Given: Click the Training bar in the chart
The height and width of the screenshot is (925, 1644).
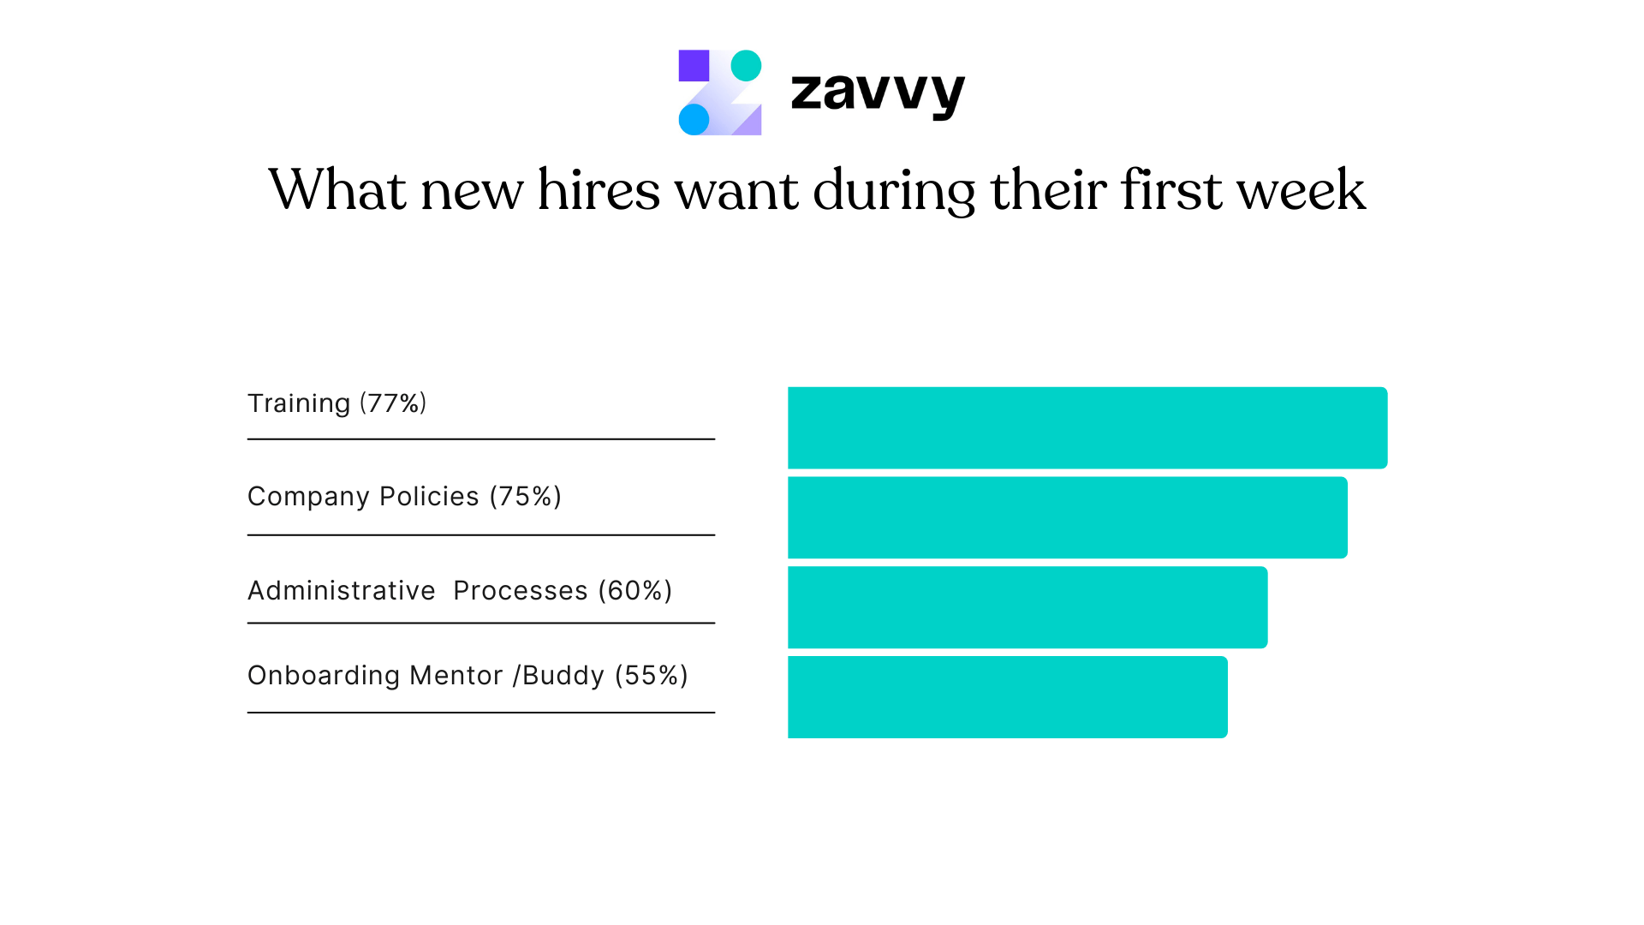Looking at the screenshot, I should tap(1087, 427).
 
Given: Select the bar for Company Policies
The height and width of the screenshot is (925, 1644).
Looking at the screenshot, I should tap(1067, 517).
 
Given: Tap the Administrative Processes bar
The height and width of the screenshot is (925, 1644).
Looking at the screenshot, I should tap(1027, 607).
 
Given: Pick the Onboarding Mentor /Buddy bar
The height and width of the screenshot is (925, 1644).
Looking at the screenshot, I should tap(1007, 697).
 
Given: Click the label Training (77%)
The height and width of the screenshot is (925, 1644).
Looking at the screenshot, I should tap(337, 403).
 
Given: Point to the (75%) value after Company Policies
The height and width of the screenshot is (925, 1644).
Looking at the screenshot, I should tap(525, 497).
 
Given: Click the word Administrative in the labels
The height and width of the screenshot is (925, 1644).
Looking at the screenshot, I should tap(341, 591).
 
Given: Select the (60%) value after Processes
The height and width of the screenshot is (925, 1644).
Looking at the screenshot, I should tap(634, 591).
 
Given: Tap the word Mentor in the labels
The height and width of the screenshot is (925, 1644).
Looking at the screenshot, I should tap(456, 676).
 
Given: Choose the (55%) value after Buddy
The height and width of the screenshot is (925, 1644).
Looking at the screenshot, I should tap(652, 676).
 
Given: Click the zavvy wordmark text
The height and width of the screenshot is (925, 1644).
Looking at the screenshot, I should tap(878, 92).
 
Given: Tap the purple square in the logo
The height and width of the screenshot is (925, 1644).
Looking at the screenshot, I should tap(694, 66).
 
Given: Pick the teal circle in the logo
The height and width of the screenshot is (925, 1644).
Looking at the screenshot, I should tap(746, 66).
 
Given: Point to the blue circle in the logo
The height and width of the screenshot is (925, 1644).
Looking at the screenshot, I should tap(694, 119).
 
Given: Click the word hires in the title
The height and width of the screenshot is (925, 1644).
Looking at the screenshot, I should tap(599, 190).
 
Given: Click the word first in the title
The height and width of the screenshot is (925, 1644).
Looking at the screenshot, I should tap(1171, 190).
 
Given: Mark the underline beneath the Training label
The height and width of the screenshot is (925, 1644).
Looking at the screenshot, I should tap(480, 439).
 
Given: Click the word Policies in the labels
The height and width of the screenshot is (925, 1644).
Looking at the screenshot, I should tap(429, 497).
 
